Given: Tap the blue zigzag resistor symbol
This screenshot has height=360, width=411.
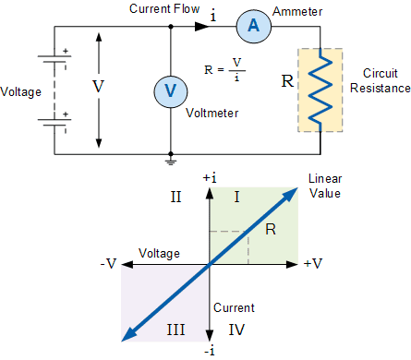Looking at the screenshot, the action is click(x=320, y=90).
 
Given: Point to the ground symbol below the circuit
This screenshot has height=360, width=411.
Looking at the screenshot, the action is click(x=171, y=162).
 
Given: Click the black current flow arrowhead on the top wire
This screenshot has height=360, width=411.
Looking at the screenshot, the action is click(x=202, y=27).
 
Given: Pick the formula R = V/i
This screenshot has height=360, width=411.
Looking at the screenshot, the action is click(x=224, y=69).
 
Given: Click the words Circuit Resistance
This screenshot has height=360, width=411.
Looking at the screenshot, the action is click(x=381, y=80).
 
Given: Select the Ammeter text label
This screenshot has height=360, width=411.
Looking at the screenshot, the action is click(x=297, y=12).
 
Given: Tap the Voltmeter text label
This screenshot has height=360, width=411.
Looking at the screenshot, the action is click(x=212, y=113).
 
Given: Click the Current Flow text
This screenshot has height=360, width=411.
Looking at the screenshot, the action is click(x=164, y=8).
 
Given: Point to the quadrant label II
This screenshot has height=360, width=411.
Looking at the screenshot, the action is click(x=175, y=197).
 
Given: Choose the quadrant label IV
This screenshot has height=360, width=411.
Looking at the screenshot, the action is click(x=236, y=330).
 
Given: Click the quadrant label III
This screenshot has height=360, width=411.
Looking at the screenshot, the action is click(x=175, y=330).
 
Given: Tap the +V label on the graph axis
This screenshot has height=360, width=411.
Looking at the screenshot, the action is click(x=313, y=264).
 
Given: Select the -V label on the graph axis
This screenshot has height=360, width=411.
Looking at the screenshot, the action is click(x=108, y=264).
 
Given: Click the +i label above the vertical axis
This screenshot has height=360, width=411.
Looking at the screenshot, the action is click(x=210, y=178).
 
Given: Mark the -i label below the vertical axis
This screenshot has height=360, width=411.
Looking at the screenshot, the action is click(x=210, y=351).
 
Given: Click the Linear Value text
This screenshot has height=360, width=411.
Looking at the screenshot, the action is click(x=325, y=186).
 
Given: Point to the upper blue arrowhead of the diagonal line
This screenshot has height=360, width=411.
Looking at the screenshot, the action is click(x=290, y=195).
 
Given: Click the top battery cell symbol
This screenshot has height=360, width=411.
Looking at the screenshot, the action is click(x=54, y=59).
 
